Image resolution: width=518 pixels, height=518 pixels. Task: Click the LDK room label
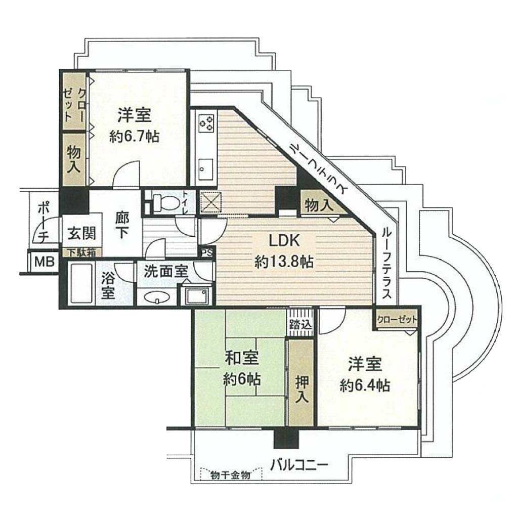click(x=284, y=241)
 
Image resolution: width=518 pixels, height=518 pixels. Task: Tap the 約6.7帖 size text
click(x=134, y=136)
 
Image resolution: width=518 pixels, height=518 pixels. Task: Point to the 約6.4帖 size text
click(x=365, y=385)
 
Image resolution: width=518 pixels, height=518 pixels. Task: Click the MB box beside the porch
click(x=45, y=263)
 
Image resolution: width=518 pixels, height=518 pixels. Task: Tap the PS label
click(x=207, y=253)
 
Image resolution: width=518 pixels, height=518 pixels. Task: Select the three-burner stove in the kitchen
click(x=206, y=124)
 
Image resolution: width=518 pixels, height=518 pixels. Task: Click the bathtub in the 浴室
click(x=81, y=284)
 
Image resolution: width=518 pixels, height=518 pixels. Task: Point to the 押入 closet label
click(x=301, y=389)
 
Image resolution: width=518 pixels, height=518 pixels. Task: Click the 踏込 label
click(x=300, y=325)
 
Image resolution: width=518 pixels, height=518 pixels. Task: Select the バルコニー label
click(x=299, y=465)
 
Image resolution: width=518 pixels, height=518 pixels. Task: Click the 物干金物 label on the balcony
click(x=230, y=476)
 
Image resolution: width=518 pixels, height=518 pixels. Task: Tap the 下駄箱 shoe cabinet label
click(x=81, y=252)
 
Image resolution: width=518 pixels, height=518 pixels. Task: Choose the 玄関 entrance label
click(x=81, y=234)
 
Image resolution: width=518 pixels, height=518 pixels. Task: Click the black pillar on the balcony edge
click(x=286, y=438)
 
